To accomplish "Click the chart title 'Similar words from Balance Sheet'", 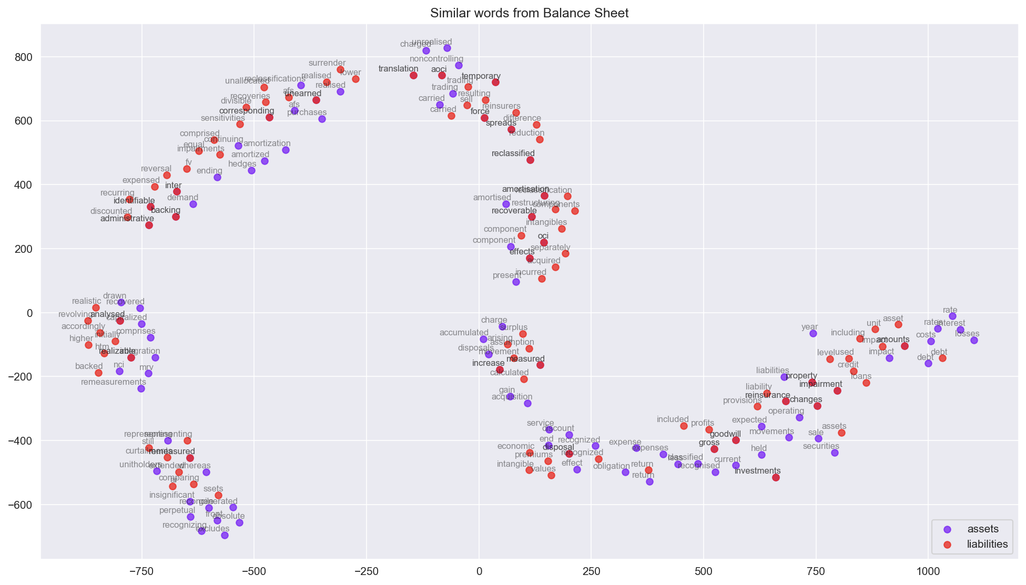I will [x=529, y=13].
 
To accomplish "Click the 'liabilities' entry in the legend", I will [x=987, y=545].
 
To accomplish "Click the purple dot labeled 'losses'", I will [x=974, y=340].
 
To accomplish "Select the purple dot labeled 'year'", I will [x=813, y=333].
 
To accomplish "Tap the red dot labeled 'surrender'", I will [x=340, y=69].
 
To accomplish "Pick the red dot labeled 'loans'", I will [x=866, y=383].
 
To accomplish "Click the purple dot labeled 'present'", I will [x=516, y=282].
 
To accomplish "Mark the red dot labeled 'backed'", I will [x=98, y=373].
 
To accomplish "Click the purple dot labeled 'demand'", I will [x=193, y=204].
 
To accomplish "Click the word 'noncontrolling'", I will [x=436, y=59].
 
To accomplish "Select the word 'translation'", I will [x=398, y=69].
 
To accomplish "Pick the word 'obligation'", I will [x=611, y=466].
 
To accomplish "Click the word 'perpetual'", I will [x=171, y=510].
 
